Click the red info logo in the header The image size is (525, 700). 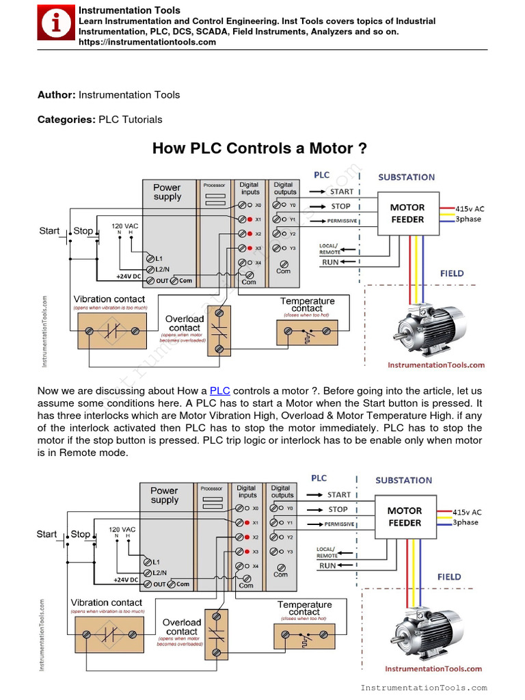[57, 24]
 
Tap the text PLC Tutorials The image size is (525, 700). [131, 120]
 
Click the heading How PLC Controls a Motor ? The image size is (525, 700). [259, 148]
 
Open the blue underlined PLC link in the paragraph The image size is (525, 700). [219, 391]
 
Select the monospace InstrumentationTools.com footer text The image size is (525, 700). [423, 688]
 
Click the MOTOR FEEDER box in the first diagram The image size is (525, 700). [407, 213]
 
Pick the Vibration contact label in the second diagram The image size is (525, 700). [107, 602]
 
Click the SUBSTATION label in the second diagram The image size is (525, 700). [403, 481]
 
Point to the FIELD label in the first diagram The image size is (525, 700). [452, 273]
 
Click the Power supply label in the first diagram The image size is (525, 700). [167, 192]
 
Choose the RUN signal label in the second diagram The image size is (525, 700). [328, 566]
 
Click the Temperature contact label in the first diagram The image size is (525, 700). [308, 305]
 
